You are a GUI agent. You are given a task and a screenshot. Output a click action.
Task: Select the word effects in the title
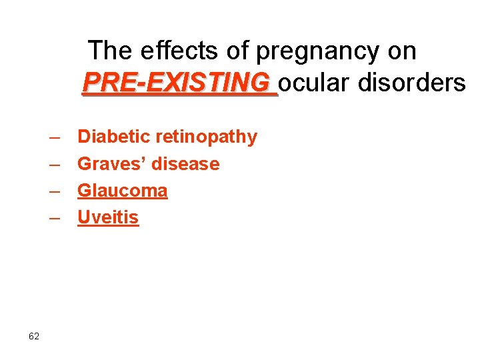coord(172,51)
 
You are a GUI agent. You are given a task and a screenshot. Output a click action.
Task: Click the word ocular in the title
coord(315,83)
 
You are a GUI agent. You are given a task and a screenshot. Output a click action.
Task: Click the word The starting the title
coord(111,51)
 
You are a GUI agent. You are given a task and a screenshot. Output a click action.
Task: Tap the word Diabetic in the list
coord(114,137)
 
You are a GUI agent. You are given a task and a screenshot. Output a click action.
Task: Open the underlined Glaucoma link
coord(123,191)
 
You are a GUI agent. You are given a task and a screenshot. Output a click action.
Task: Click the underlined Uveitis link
coord(108,218)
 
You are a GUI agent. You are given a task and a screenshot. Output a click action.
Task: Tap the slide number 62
coord(34,336)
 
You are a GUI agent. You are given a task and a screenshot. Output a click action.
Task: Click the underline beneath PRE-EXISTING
coord(179,96)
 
